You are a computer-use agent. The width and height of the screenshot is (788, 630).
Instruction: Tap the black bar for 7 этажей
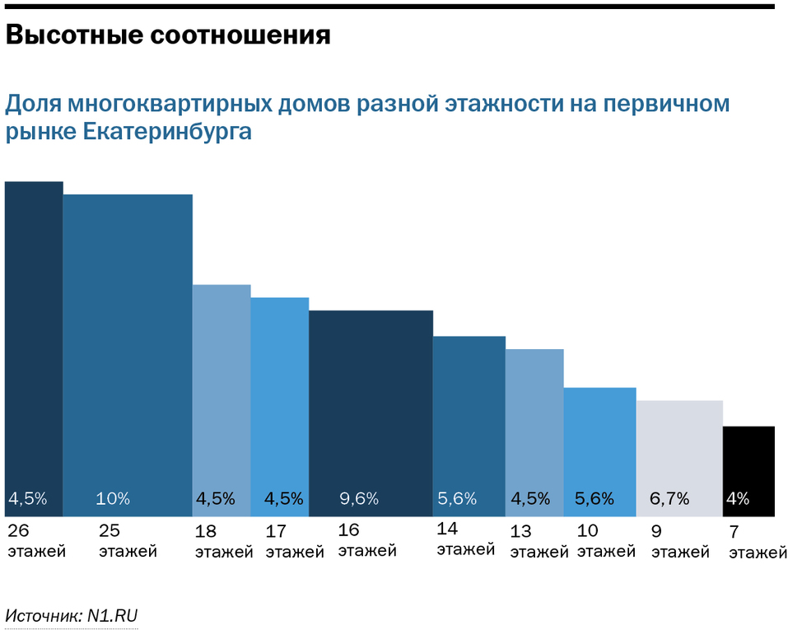coord(748,461)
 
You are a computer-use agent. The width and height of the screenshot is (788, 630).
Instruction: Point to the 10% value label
coord(113,498)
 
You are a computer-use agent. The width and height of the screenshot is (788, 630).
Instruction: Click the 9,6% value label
coord(359,498)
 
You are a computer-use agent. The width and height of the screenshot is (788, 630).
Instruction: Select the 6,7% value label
coord(669,498)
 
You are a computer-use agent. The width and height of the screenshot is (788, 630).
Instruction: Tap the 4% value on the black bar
coord(737,498)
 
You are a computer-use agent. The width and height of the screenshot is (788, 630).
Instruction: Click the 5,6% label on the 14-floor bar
coord(457,498)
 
